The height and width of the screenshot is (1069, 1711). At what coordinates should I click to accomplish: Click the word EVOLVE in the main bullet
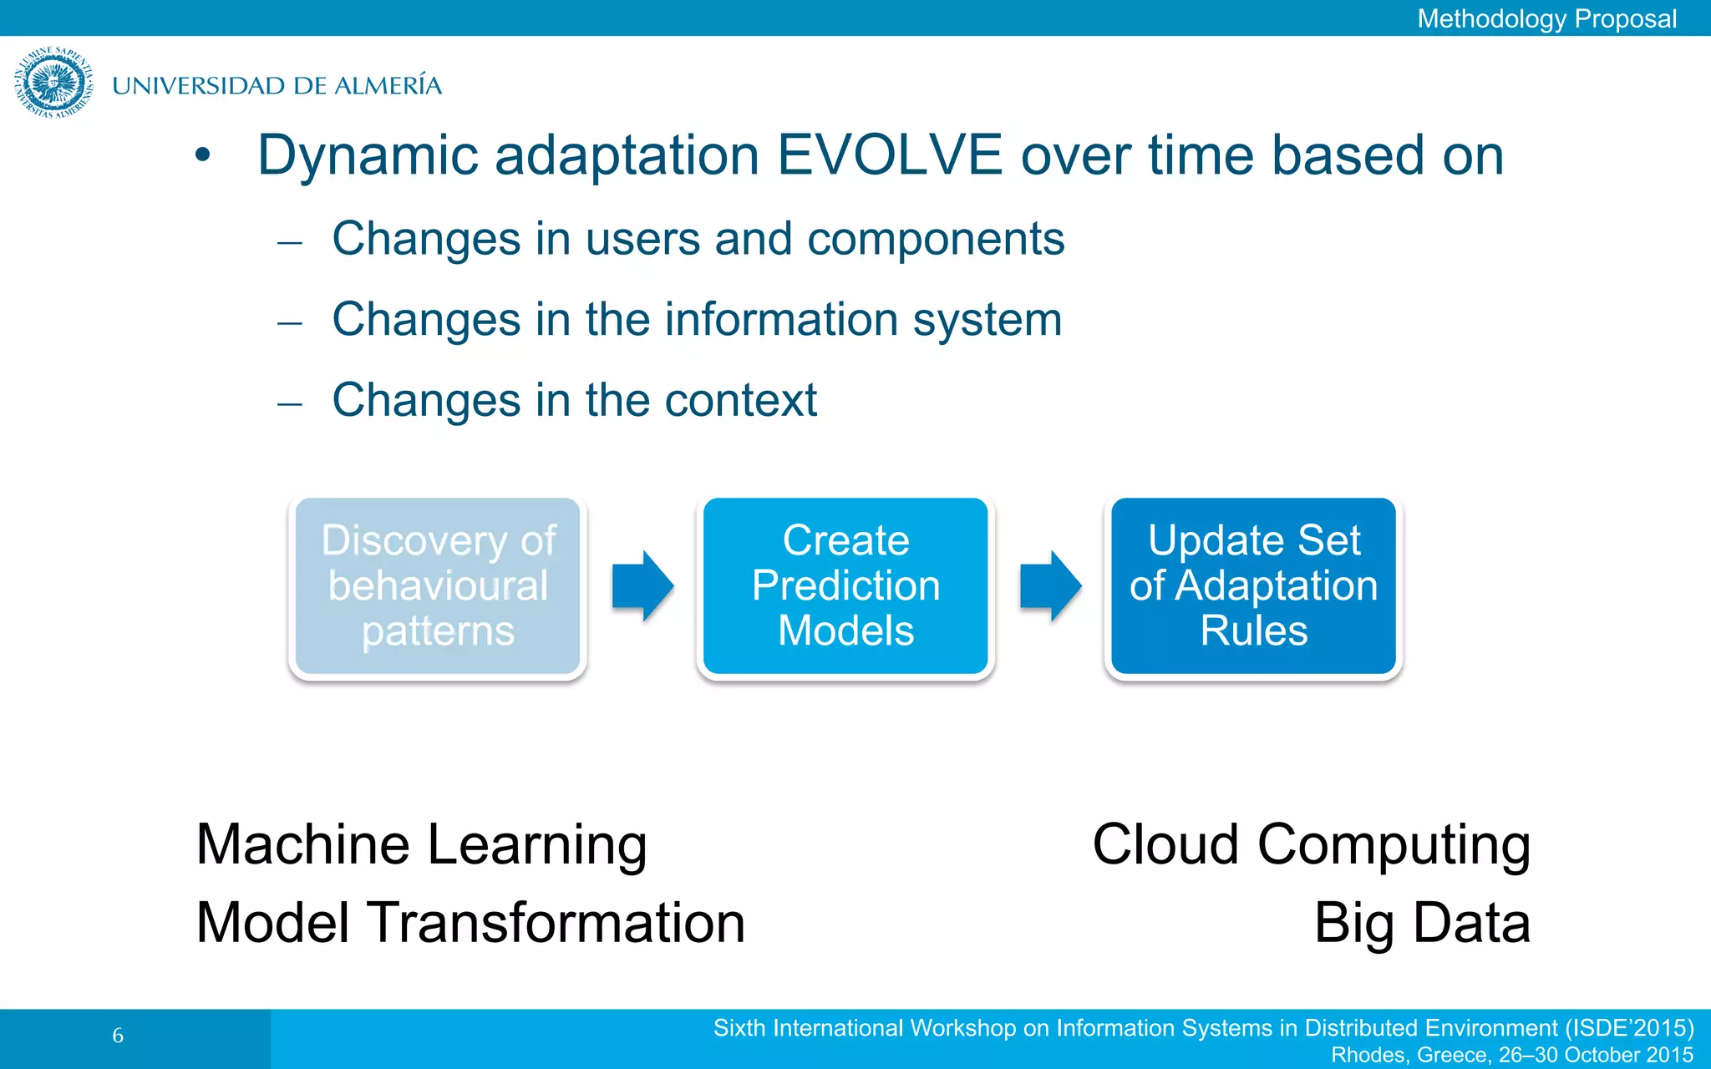[889, 155]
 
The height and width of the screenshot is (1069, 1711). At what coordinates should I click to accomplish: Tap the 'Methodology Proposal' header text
[1546, 18]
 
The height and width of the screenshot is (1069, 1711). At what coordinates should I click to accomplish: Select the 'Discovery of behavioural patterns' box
[438, 585]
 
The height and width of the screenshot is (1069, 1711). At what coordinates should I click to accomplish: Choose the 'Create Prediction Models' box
[845, 585]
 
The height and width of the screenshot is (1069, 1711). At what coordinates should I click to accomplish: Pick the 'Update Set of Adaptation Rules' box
[1253, 585]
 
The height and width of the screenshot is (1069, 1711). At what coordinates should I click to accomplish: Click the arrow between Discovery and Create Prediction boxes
[642, 586]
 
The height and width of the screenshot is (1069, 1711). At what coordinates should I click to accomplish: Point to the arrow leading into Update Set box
[1049, 586]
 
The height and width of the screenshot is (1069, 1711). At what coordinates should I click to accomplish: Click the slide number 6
[118, 1036]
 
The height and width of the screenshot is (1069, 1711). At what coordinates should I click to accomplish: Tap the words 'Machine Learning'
[421, 845]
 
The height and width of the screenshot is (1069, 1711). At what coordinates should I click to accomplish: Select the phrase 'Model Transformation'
[470, 924]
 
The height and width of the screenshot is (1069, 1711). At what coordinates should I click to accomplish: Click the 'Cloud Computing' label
[1311, 845]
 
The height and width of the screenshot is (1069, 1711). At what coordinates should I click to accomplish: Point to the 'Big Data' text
[1422, 924]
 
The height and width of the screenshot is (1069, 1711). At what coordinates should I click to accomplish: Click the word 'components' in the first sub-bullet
[935, 240]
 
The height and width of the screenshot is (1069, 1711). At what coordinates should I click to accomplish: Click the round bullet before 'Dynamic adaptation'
[202, 155]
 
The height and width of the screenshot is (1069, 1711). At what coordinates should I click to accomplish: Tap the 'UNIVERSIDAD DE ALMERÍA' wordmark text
[277, 86]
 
